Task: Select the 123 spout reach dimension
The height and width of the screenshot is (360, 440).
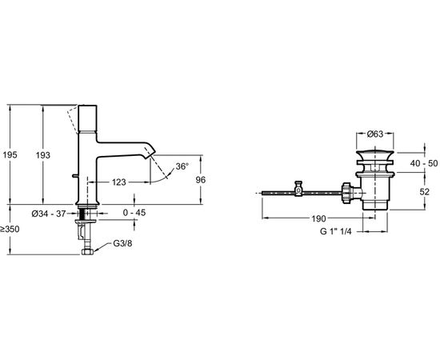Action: tap(119, 182)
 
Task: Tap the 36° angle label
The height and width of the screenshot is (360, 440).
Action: tap(184, 166)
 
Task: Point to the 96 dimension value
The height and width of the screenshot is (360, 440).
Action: tap(201, 181)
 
